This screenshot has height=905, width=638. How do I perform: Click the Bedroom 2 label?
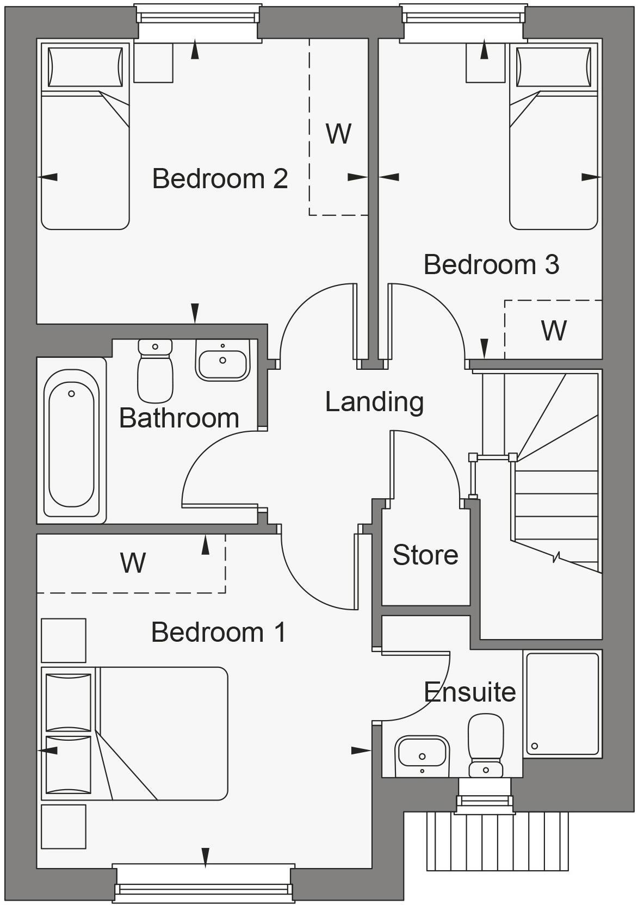[x=220, y=178]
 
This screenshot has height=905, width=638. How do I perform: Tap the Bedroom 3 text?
[x=491, y=264]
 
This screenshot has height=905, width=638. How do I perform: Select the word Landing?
[x=374, y=402]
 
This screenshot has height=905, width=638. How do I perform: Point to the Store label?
[x=425, y=555]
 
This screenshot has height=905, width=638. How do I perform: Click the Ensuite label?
[x=470, y=692]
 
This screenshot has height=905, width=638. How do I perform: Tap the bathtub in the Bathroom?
[x=71, y=438]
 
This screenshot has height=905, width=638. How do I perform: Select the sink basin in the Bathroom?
[x=222, y=360]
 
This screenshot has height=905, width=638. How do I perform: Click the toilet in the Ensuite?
[x=486, y=745]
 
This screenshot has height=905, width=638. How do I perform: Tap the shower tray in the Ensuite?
[x=563, y=703]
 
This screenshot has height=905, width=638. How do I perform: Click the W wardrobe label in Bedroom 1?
[x=133, y=563]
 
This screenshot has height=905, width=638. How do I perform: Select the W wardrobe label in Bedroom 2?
[x=338, y=133]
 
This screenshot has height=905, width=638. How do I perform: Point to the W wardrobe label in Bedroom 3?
[x=554, y=330]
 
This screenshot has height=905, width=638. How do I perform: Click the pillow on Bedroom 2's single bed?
[x=85, y=67]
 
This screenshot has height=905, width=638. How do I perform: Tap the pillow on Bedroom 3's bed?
[x=553, y=67]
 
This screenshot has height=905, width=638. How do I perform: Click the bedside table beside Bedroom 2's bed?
[x=153, y=63]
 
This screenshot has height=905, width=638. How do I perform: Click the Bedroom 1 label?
[x=218, y=632]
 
